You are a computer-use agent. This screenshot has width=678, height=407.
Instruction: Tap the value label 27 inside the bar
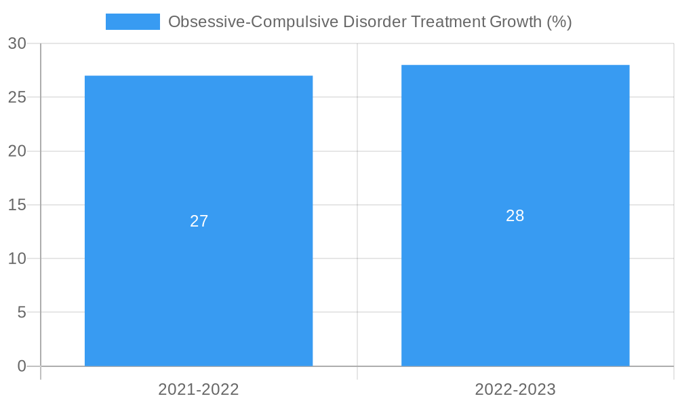(x=199, y=221)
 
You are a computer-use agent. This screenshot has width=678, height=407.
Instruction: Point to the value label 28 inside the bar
(x=515, y=216)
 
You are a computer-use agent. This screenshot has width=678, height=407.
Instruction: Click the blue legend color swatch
(x=133, y=22)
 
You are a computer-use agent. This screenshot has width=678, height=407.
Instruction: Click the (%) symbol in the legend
(x=559, y=22)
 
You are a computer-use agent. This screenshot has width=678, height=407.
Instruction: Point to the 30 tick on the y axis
(x=17, y=43)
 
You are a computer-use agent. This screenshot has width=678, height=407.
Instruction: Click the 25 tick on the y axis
(x=17, y=97)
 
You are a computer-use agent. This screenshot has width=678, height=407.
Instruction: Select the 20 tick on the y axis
(x=17, y=151)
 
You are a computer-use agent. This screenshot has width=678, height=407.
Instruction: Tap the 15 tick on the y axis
(x=17, y=205)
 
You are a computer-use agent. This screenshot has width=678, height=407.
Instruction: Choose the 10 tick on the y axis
(x=17, y=258)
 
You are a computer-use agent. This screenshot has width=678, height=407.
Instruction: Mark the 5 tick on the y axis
(x=22, y=313)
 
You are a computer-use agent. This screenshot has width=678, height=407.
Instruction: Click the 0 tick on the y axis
(x=22, y=366)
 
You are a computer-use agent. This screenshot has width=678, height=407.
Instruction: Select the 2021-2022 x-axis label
(x=199, y=389)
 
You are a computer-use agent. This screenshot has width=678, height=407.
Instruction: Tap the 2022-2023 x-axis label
(x=515, y=389)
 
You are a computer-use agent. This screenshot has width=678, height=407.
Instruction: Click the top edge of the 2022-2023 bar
(x=515, y=65)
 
